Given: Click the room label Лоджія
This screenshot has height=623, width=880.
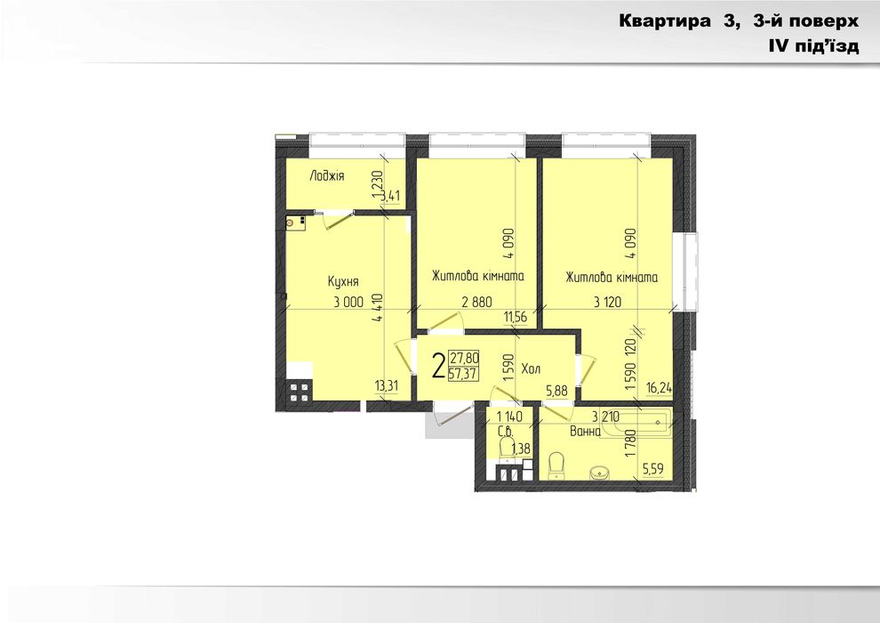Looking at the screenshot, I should (326, 176).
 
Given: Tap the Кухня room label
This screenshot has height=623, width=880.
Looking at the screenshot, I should (342, 281).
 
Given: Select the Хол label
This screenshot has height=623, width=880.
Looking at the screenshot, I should (532, 368).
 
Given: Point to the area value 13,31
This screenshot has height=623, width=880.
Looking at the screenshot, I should (387, 385).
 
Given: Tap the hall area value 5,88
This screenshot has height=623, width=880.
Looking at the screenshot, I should (556, 389).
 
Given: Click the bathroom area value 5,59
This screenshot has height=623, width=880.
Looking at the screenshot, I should (652, 468).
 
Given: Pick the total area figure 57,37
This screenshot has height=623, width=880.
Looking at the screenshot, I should (464, 373).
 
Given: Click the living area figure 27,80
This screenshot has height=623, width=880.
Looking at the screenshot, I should (464, 358).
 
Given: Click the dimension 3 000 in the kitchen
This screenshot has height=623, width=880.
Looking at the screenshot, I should (348, 303).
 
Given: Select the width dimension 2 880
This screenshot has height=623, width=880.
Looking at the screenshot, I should (476, 303).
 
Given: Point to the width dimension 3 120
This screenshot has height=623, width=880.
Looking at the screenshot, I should (609, 303).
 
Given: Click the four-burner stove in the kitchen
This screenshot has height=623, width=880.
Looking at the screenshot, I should (299, 392).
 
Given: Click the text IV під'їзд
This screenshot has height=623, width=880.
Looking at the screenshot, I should (814, 46).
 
